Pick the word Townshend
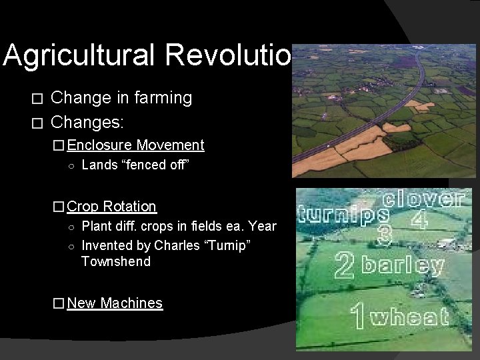(116, 261)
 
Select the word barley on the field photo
(402, 266)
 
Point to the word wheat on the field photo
(410, 317)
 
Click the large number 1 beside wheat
(359, 315)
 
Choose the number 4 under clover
(419, 220)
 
